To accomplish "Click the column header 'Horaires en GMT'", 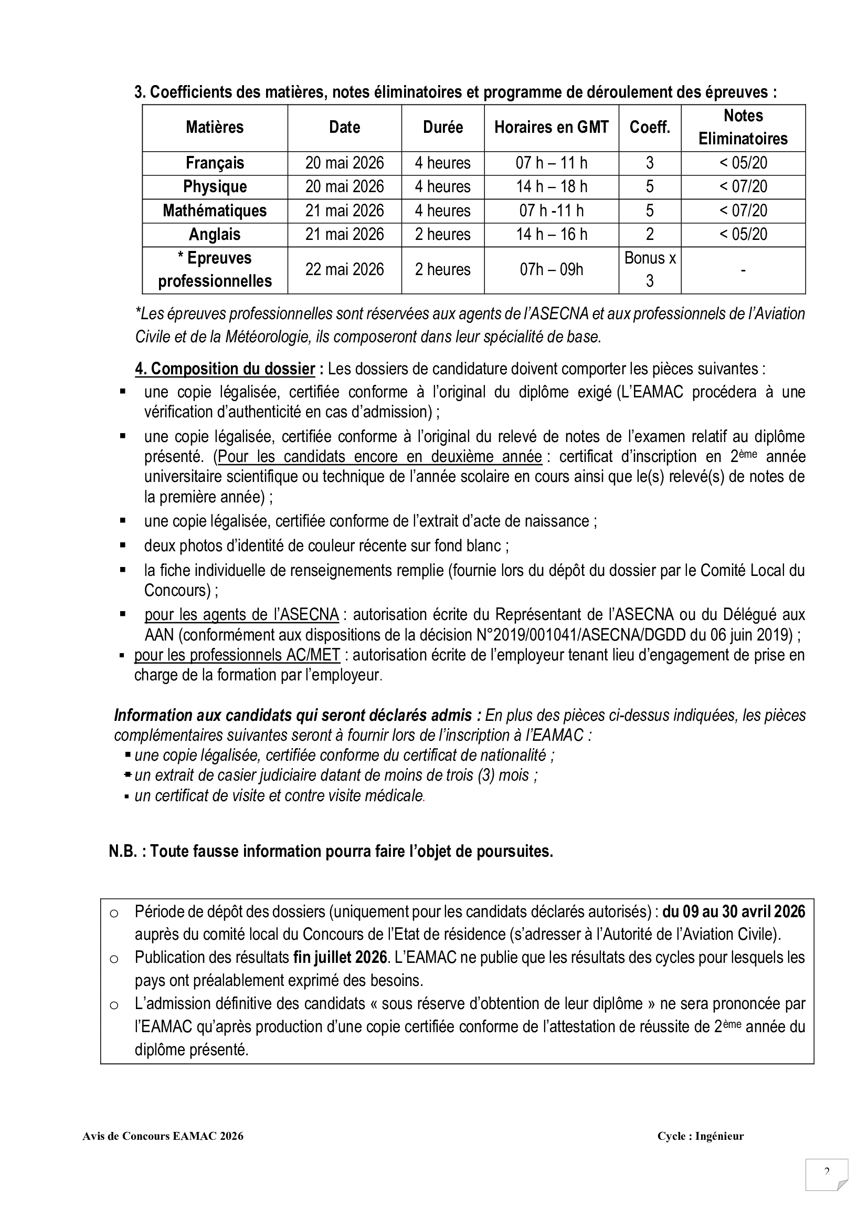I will [x=551, y=127].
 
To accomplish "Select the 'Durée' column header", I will [x=442, y=127].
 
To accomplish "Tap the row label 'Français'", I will [x=215, y=163].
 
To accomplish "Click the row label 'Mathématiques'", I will [x=215, y=211].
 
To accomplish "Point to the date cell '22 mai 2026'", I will [x=344, y=269].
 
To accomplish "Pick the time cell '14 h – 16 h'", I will [x=551, y=234].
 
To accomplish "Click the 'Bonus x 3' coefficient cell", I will [x=649, y=269].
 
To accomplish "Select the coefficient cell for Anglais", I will [x=649, y=234].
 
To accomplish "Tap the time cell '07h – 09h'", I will [x=551, y=269].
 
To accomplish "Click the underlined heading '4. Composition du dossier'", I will [x=225, y=369].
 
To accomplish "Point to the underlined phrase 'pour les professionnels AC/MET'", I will [x=237, y=655].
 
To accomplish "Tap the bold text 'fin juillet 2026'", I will [x=340, y=958].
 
